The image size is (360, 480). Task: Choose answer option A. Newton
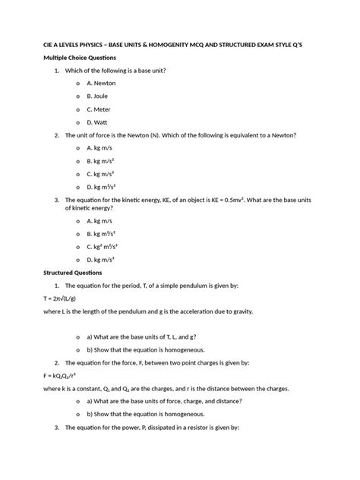tap(101, 83)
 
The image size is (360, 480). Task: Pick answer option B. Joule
tap(98, 96)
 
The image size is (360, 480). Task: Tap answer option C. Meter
tap(99, 109)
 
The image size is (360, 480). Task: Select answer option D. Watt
tap(98, 122)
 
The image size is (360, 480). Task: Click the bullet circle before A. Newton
tap(78, 83)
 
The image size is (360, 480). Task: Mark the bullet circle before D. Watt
tap(78, 122)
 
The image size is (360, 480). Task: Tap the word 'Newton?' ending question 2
tap(279, 134)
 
